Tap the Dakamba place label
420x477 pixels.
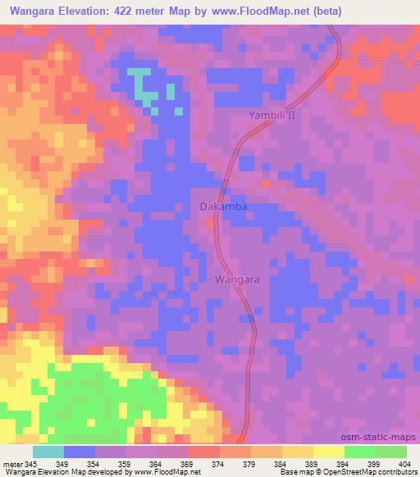[220, 207]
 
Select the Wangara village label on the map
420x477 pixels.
[237, 279]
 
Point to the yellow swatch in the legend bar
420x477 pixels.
[328, 452]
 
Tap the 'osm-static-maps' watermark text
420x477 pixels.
[386, 438]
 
